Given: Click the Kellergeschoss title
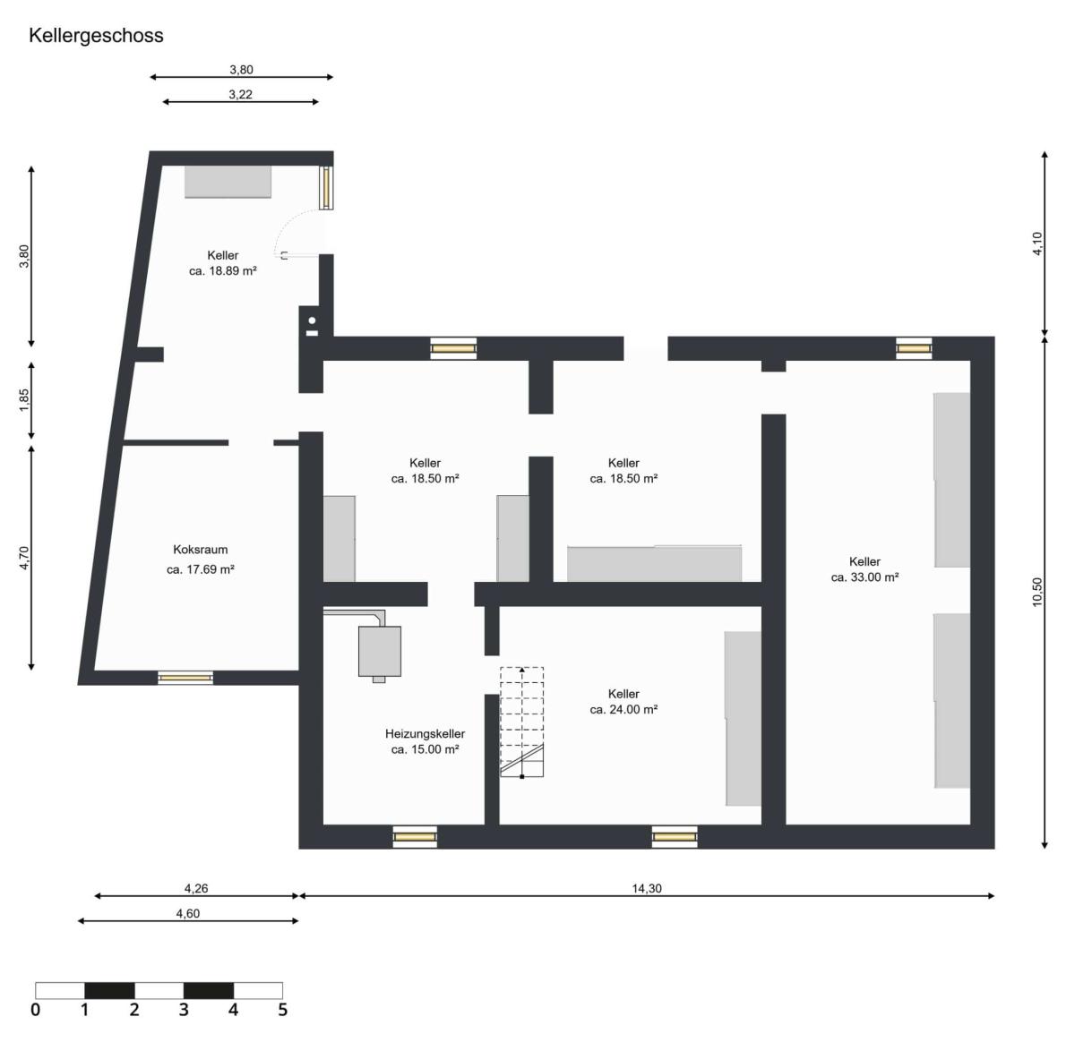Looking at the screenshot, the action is coord(96,36).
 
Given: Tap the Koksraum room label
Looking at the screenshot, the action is coord(200,550).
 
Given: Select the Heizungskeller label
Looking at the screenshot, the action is coord(425,733).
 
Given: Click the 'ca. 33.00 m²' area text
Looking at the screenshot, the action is coord(864,577).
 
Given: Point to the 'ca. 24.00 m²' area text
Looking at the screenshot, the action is coord(623,709).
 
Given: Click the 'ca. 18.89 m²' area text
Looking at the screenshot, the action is coord(223,270).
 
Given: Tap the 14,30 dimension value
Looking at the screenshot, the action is coord(646,888).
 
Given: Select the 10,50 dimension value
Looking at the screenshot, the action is coord(1036,592).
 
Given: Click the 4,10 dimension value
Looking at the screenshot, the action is coord(1036,244).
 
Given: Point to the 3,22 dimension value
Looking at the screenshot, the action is coord(240,94).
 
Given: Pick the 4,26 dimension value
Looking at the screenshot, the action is coord(196,888).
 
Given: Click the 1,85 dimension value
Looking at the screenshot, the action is coord(24,399).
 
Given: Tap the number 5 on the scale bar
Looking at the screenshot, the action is coord(282,1010).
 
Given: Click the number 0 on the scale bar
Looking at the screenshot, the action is coord(35,1010).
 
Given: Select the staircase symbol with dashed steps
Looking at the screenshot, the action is coord(522,722).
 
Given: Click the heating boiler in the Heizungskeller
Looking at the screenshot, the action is coord(380,652).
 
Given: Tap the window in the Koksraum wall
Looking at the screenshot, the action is coord(185,678).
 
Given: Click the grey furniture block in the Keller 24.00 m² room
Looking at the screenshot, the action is coord(743,718).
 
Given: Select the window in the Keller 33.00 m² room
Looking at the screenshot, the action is coord(914,348).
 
